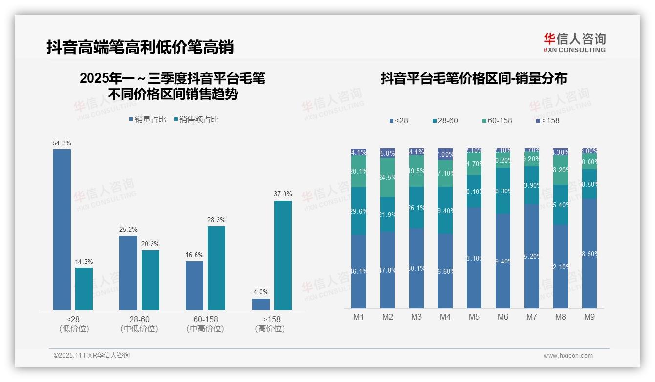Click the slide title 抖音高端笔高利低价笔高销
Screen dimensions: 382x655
[x=140, y=47]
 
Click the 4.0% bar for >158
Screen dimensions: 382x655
[x=261, y=304]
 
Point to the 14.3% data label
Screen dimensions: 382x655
[x=84, y=262]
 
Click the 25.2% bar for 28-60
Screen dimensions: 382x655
[x=128, y=272]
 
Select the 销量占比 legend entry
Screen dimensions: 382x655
[x=148, y=119]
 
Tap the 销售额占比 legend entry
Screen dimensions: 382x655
[x=196, y=119]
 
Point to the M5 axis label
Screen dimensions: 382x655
[x=474, y=317]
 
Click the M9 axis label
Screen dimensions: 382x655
[x=589, y=317]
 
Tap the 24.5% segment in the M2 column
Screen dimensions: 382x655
[x=388, y=177]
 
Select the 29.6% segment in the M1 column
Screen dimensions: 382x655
[x=359, y=211]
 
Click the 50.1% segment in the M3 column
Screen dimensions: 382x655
[x=416, y=268]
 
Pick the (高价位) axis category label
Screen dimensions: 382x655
[x=270, y=329]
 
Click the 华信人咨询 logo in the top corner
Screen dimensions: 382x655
[x=574, y=43]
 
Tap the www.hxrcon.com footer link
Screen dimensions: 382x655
[x=568, y=356]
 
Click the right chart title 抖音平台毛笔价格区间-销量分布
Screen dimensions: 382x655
[x=474, y=78]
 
